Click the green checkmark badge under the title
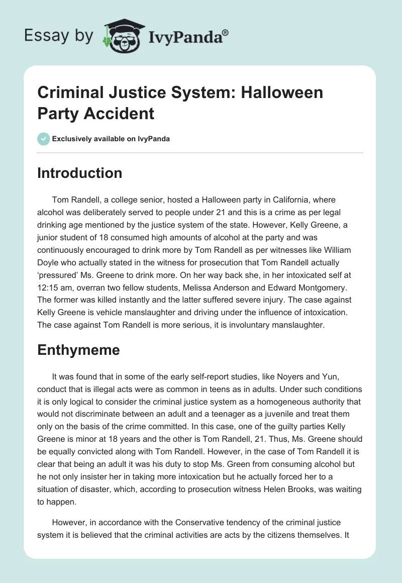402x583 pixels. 44,139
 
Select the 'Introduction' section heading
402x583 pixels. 79,173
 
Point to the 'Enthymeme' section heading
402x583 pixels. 78,350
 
